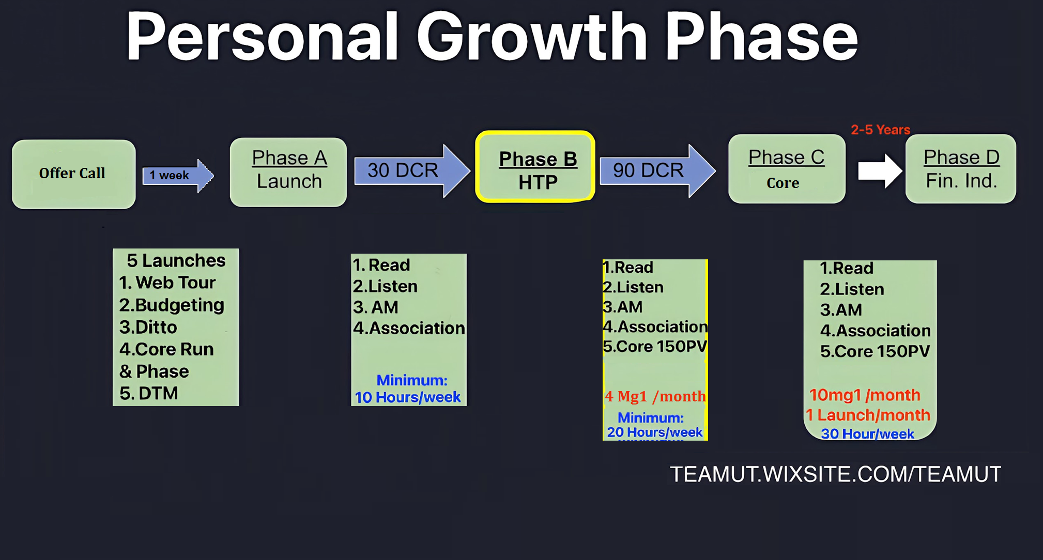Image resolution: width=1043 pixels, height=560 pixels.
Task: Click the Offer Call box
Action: tap(74, 174)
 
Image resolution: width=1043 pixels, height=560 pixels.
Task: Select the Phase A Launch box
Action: tap(288, 172)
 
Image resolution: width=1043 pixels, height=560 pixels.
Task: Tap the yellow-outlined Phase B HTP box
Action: tap(535, 166)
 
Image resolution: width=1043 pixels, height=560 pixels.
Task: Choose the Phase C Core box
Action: tap(787, 169)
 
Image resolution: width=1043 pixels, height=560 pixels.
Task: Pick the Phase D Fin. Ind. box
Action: tap(961, 169)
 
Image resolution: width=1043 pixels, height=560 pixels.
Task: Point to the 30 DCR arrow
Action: tap(412, 170)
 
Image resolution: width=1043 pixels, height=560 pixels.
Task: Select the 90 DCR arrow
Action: tap(657, 170)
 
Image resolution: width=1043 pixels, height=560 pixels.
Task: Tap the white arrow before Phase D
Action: tap(880, 171)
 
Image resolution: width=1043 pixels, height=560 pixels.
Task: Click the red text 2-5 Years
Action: tap(880, 130)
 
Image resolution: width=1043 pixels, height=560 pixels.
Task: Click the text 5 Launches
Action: tap(176, 260)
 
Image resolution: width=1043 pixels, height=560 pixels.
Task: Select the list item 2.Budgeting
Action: tap(172, 305)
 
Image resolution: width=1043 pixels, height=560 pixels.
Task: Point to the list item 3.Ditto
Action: tap(148, 327)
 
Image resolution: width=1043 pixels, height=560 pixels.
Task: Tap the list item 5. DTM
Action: tap(149, 393)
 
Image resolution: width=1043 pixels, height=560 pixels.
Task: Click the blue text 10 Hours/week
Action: tap(408, 397)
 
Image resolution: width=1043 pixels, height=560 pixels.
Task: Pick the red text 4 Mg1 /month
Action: tap(655, 396)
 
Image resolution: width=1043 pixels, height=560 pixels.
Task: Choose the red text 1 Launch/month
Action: tap(868, 415)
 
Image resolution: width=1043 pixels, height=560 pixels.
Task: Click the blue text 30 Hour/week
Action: tap(867, 434)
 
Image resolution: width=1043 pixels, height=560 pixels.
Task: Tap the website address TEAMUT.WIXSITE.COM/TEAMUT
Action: tap(836, 474)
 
